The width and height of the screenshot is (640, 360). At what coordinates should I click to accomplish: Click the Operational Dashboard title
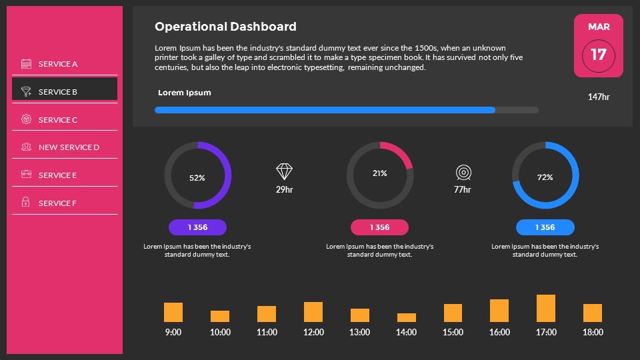point(225,27)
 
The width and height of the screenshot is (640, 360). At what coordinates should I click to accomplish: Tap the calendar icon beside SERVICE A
point(27,64)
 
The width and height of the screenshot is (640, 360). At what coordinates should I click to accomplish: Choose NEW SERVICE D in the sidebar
point(69,147)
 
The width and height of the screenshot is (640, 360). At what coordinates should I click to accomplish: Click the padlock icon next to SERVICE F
point(26,203)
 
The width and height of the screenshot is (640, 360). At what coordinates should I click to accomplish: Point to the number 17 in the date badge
point(598,54)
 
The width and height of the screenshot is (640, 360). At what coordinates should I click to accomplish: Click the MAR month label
point(598,27)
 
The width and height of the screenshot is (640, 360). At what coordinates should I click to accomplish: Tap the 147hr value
point(598,97)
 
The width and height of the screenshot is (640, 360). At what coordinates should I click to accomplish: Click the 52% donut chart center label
point(197,178)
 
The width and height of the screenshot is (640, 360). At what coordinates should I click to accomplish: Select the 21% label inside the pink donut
point(379,173)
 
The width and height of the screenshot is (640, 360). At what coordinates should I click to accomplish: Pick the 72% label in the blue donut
point(545,177)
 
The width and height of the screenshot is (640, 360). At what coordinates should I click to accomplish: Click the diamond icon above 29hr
point(285,172)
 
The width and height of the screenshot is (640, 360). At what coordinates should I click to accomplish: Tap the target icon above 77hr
point(463,173)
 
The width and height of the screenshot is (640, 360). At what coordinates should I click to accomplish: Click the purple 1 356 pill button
point(197,227)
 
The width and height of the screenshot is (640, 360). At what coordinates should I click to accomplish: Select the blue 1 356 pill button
point(545,227)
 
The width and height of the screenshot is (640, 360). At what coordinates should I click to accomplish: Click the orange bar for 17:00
point(546,309)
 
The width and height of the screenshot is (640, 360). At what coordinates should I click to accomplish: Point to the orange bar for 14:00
point(407,317)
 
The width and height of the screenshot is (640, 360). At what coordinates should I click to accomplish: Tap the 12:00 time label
point(313,332)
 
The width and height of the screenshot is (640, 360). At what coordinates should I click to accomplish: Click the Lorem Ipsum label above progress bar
point(185,93)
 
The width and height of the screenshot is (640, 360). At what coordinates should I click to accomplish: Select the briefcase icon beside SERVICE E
point(26,175)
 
